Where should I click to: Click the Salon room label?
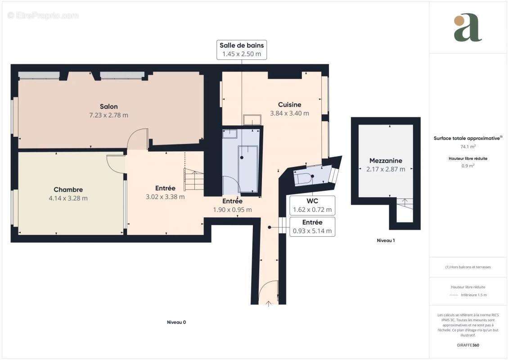[x=109, y=107]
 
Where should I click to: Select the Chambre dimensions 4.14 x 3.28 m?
[x=68, y=198]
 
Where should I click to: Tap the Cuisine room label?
[x=289, y=105]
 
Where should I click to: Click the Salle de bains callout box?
[x=242, y=49]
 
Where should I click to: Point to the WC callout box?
[x=312, y=205]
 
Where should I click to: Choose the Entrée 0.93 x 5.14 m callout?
[x=312, y=227]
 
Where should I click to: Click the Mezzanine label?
[x=386, y=161]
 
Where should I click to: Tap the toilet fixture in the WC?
[x=303, y=178]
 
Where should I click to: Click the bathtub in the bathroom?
[x=248, y=169]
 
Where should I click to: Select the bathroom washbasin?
[x=230, y=133]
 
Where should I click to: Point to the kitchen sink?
[x=252, y=120]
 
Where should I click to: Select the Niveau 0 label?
[x=176, y=322]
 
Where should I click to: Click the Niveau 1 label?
[x=386, y=241]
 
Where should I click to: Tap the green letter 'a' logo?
[x=468, y=28]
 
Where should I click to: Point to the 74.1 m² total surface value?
[x=468, y=147]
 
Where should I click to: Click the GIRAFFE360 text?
[x=468, y=346]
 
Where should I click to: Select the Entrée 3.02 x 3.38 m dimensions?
[x=165, y=197]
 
